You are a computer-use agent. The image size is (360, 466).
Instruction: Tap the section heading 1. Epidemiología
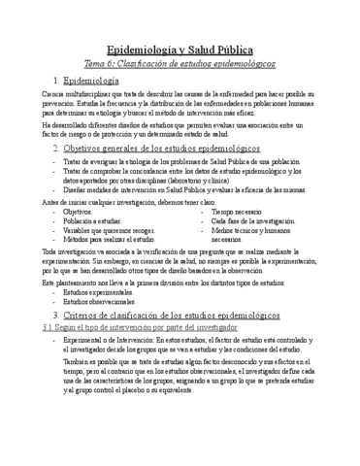86,81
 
